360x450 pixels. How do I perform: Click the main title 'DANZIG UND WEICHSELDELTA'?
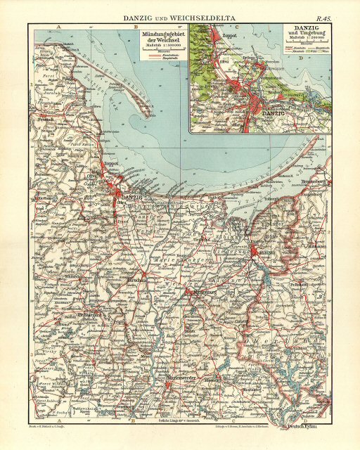point(180,17)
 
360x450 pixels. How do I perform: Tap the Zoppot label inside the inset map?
point(227,51)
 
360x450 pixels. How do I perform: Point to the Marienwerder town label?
point(185,380)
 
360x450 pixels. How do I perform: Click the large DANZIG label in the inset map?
point(275,112)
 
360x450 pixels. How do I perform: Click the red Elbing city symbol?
point(255,247)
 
